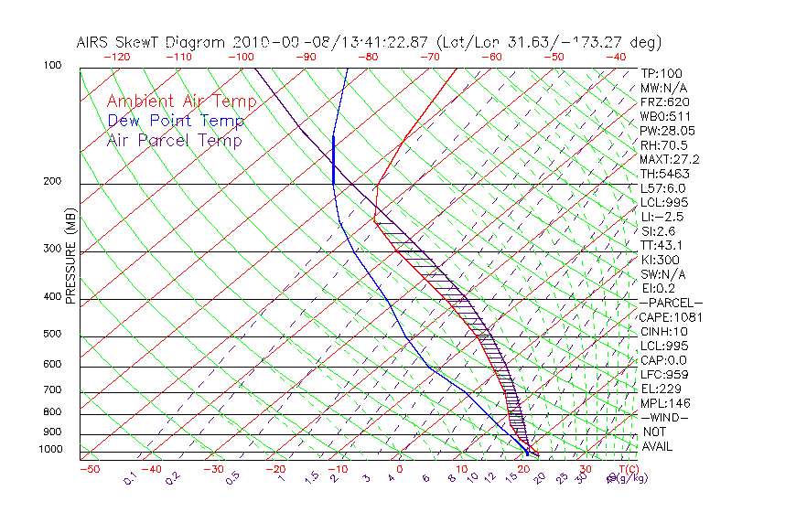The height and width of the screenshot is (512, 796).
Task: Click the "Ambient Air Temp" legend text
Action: click(182, 101)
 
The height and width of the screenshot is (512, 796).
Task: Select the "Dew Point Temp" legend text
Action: click(176, 121)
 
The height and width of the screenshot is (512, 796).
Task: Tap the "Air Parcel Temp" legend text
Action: click(175, 140)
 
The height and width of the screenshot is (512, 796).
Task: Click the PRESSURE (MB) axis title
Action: click(71, 257)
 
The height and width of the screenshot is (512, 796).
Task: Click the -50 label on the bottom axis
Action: click(89, 469)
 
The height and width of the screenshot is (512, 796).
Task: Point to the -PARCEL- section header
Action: click(672, 303)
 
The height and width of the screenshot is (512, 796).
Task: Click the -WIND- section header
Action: click(665, 417)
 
